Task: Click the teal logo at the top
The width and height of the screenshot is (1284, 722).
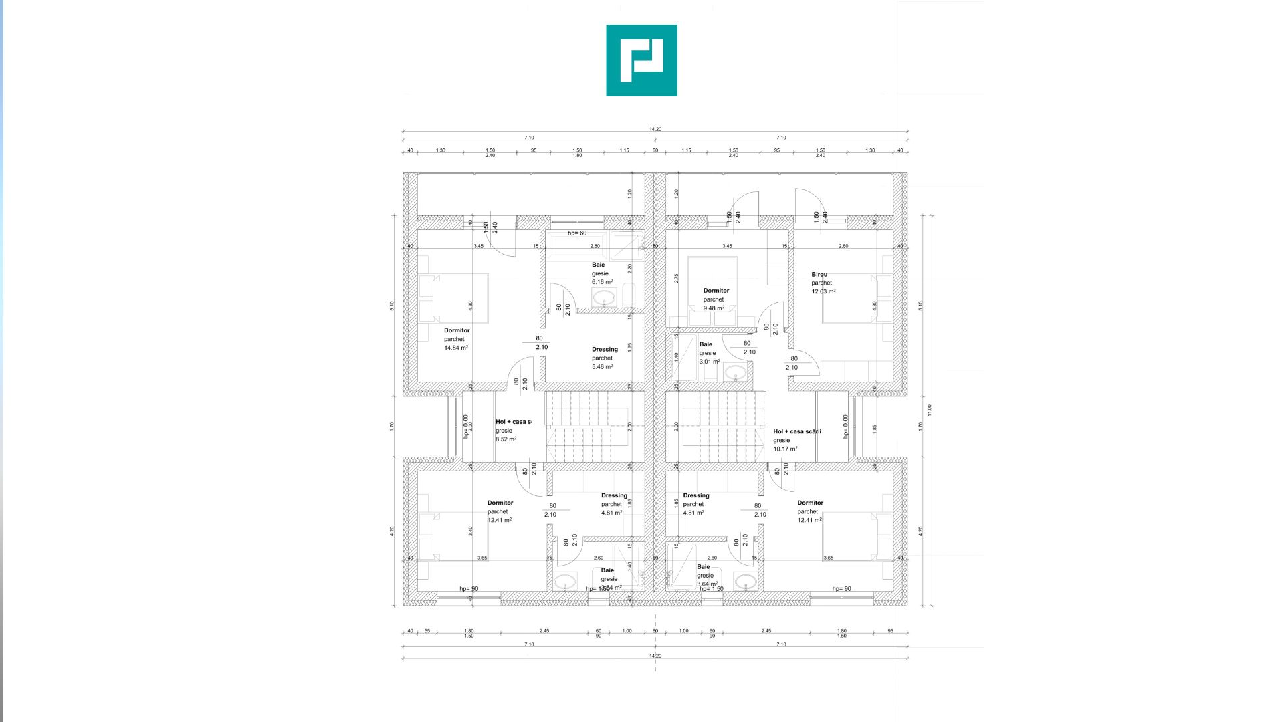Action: (x=641, y=60)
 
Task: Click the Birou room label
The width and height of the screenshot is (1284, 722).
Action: (x=819, y=274)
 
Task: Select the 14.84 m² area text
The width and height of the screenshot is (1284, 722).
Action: (x=455, y=348)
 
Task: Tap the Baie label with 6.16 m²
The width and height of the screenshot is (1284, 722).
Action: (x=598, y=265)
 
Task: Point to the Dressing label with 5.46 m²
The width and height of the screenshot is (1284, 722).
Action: (x=605, y=349)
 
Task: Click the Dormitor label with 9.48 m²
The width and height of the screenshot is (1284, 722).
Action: (x=716, y=291)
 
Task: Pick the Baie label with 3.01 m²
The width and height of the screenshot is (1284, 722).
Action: (x=706, y=344)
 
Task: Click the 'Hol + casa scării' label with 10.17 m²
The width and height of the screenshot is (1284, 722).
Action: (x=796, y=431)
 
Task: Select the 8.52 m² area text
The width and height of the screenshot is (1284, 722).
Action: (x=506, y=439)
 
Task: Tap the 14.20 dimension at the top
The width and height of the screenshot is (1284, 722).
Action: (x=655, y=129)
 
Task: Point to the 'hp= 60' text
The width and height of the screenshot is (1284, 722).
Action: (x=577, y=233)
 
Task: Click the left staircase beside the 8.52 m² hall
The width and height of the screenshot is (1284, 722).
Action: (x=578, y=426)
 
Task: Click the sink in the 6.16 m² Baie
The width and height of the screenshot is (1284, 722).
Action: (x=603, y=298)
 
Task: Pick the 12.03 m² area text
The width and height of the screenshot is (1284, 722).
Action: (x=823, y=291)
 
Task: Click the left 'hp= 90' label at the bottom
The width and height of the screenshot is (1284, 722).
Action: (x=468, y=589)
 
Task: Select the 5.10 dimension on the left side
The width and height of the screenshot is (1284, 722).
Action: (x=392, y=305)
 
